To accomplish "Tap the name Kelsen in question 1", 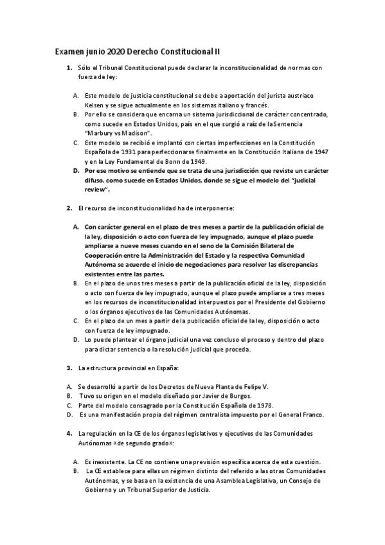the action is [97, 105].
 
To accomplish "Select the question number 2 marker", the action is [69, 208].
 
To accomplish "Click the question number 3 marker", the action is [69, 368].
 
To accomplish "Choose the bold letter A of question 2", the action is [76, 227].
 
